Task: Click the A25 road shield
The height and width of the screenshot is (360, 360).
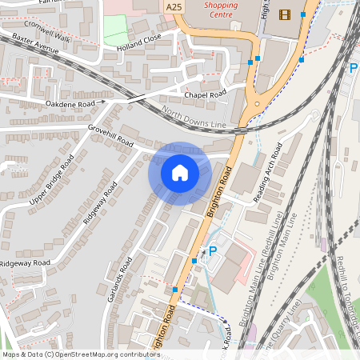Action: coord(174,6)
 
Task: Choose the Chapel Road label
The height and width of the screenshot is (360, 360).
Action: coord(206,94)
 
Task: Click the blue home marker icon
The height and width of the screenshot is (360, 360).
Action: coord(180,173)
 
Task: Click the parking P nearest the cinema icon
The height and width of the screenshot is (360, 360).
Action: coord(354,69)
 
